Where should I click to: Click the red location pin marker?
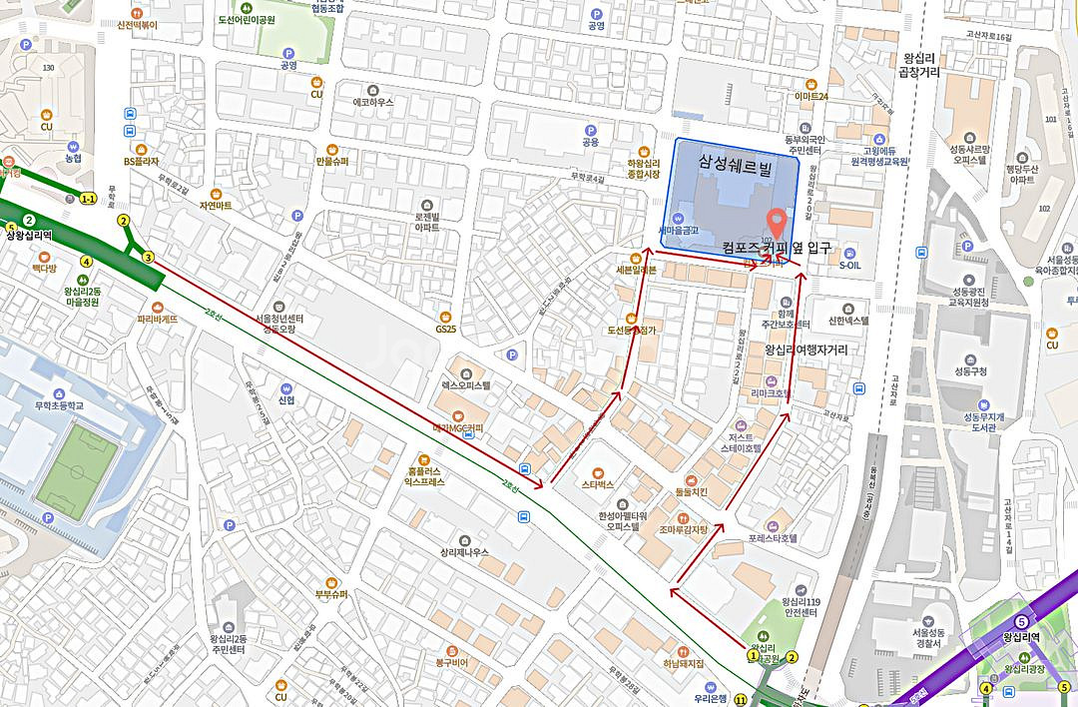click(x=776, y=220)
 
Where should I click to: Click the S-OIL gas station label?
click(x=849, y=266)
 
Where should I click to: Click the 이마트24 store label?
click(x=811, y=96)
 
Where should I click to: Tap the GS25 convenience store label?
click(x=445, y=329)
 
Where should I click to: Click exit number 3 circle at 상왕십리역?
click(x=148, y=258)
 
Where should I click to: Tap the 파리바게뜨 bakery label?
click(x=157, y=320)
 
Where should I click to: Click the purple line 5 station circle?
click(x=1020, y=621)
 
